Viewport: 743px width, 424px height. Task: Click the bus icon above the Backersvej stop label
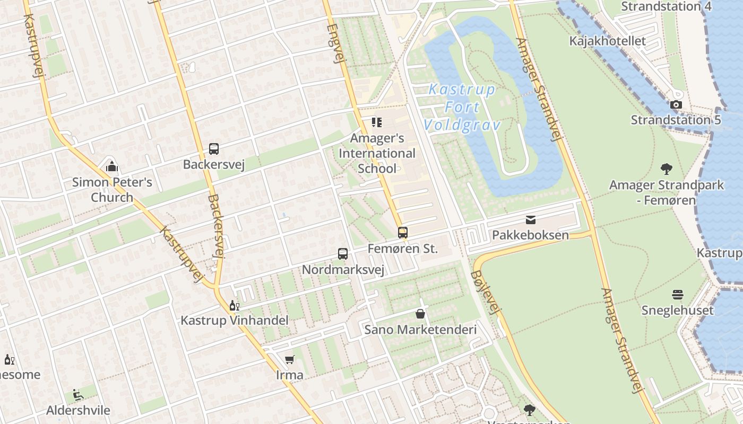click(214, 149)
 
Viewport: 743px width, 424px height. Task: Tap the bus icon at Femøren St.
click(403, 232)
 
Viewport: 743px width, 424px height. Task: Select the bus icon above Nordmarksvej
click(343, 254)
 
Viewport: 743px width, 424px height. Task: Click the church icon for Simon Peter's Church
click(112, 167)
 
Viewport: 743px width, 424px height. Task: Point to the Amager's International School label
click(377, 154)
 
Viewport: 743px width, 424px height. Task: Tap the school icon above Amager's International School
click(377, 123)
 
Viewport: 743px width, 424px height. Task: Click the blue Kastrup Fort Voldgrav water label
click(462, 107)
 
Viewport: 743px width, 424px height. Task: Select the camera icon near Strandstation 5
click(676, 104)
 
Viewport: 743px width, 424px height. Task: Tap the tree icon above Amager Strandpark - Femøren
click(667, 169)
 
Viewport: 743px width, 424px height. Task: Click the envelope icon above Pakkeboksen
click(530, 220)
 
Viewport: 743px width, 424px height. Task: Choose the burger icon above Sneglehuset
click(677, 295)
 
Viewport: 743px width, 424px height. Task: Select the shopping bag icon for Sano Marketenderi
click(420, 314)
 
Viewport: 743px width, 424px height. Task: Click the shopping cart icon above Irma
click(289, 360)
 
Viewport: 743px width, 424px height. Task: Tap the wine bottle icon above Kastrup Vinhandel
click(234, 305)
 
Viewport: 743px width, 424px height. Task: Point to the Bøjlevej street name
click(485, 292)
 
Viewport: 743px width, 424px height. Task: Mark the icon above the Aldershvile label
click(78, 395)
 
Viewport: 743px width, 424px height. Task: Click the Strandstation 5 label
click(676, 120)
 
